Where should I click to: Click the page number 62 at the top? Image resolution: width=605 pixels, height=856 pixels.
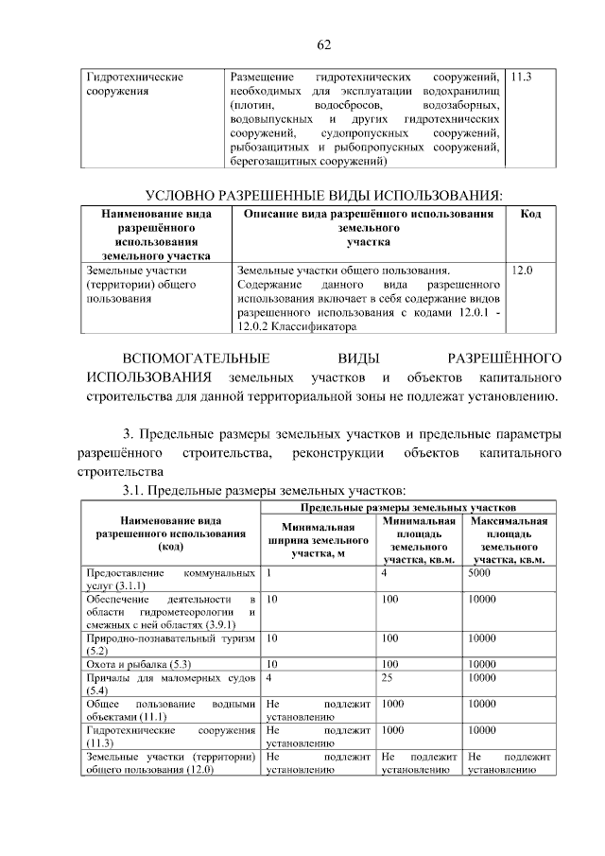321,44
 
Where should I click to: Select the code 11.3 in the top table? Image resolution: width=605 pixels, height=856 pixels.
521,76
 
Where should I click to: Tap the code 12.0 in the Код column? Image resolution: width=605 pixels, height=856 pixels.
521,271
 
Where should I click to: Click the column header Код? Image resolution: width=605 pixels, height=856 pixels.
530,215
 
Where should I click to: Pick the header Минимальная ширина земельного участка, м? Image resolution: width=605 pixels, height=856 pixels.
318,540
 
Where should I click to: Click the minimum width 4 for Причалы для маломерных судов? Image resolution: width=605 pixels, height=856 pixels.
270,678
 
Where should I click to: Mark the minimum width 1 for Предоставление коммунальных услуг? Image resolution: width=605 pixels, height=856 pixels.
270,573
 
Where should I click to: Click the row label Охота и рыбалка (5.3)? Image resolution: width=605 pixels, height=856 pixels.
130,665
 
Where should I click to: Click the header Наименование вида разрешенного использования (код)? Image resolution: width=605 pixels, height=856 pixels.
171,533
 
